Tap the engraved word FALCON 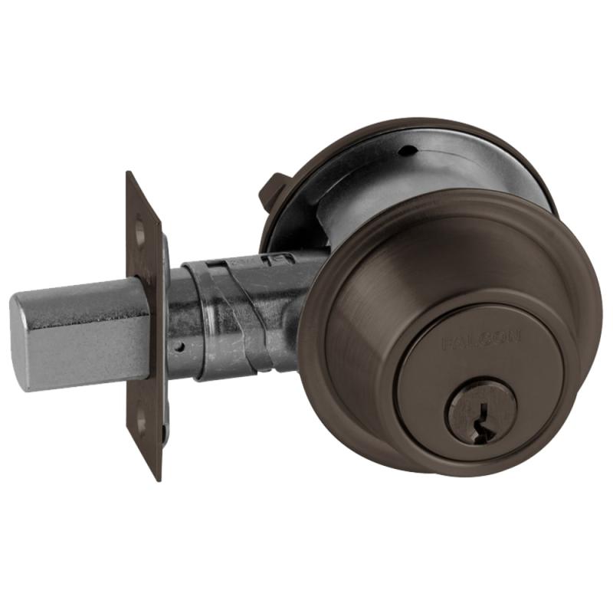point(482,338)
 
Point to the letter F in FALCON point(448,343)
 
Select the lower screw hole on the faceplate point(140,419)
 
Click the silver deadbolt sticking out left point(77,337)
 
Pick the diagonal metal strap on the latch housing point(230,314)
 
